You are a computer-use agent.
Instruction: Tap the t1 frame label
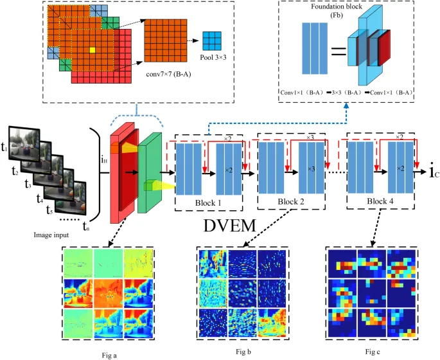(4, 150)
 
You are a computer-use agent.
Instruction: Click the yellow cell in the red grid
(92, 50)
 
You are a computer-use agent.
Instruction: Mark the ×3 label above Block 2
(310, 138)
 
